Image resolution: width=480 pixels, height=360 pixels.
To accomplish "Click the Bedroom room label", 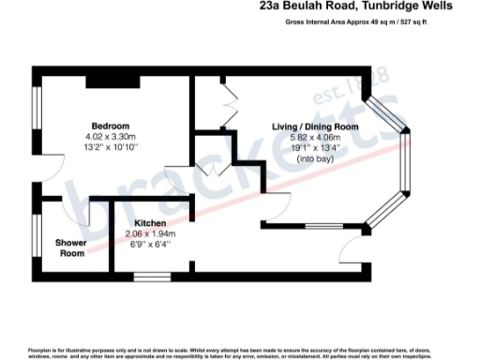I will click(110, 126).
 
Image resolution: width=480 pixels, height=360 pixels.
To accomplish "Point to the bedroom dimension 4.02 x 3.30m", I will click(110, 137).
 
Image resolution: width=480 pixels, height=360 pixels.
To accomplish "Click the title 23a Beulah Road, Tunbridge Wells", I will click(356, 7).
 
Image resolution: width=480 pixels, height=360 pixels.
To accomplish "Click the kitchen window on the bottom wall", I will click(152, 277).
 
